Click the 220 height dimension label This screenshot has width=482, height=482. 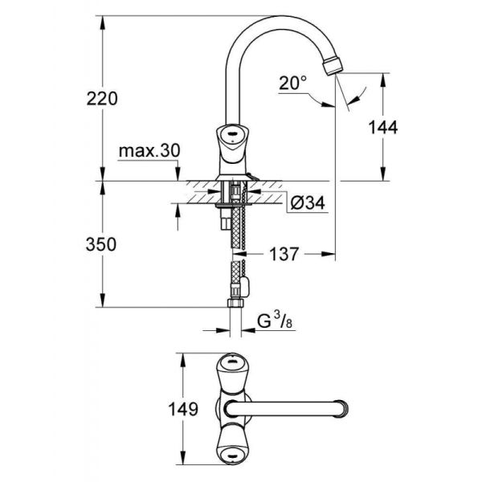pos(103,98)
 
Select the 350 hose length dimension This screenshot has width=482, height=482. pos(101,243)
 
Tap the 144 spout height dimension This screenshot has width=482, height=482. pos(384,126)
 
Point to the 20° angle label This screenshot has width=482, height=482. pos(294,83)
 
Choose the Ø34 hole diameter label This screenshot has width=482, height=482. pos(304,204)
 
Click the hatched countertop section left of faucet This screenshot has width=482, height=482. pos(197,192)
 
